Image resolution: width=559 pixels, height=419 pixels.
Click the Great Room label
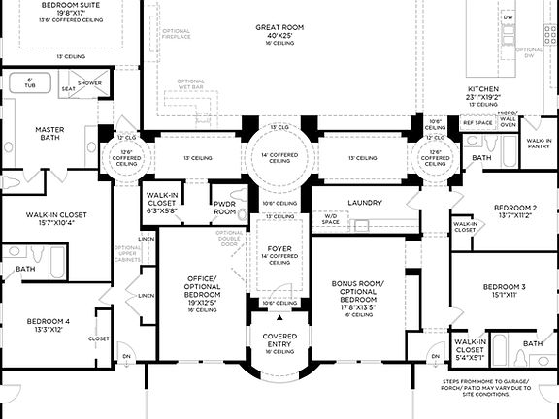click(280, 28)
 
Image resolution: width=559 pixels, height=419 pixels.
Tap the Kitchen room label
click(482, 88)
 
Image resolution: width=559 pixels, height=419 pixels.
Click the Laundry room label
click(372, 203)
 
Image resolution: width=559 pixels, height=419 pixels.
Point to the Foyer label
click(279, 248)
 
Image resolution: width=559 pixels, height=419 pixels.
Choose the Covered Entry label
click(279, 341)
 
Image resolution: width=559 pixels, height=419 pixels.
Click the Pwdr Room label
click(225, 207)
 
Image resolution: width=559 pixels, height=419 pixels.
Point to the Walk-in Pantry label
click(539, 144)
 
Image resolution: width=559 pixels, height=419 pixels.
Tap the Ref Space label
click(477, 123)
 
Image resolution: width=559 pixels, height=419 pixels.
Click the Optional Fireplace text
click(178, 36)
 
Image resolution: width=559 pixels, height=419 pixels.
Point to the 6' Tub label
click(29, 83)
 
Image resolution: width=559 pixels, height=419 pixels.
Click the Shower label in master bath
click(89, 83)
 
